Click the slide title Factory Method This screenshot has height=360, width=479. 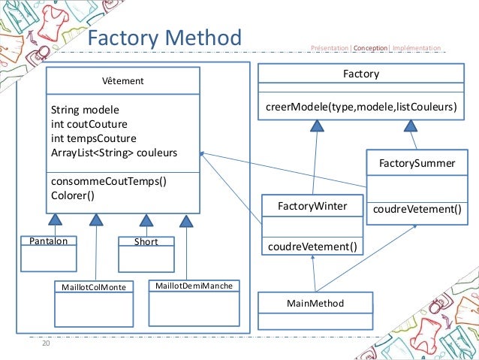pyautogui.click(x=164, y=38)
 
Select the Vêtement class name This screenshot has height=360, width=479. pyautogui.click(x=123, y=80)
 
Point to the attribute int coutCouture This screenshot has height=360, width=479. pyautogui.click(x=89, y=124)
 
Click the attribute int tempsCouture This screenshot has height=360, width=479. pyautogui.click(x=93, y=138)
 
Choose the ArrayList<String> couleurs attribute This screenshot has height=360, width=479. pyautogui.click(x=114, y=153)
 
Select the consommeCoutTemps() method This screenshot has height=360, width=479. pyautogui.click(x=107, y=181)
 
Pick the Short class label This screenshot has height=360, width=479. pyautogui.click(x=146, y=242)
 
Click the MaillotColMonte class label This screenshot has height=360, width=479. pyautogui.click(x=93, y=287)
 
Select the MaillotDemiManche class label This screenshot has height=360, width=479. pyautogui.click(x=193, y=286)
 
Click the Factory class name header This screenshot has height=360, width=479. pyautogui.click(x=360, y=74)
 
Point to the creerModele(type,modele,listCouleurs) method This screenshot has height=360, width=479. pyautogui.click(x=361, y=107)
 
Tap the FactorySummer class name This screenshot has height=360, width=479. pyautogui.click(x=411, y=162)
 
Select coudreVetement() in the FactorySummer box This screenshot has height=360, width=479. pyautogui.click(x=417, y=210)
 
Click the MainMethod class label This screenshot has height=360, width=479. pyautogui.click(x=315, y=304)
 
